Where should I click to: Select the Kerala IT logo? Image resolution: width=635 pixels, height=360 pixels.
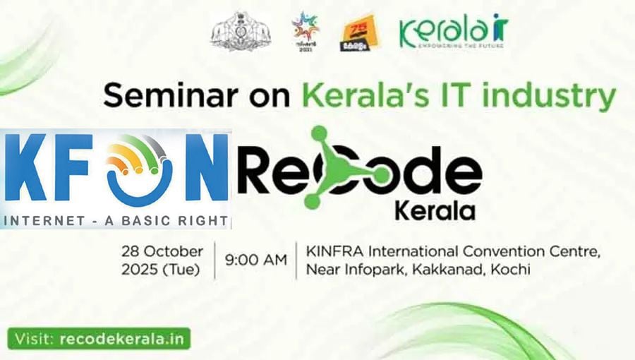coord(453,32)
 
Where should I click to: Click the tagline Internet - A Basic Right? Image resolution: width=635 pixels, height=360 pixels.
coord(114,220)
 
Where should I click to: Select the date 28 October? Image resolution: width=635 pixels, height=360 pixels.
coord(162,252)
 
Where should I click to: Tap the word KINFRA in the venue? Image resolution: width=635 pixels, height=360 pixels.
coord(332,252)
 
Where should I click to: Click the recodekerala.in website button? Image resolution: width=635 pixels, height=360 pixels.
coord(99,338)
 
